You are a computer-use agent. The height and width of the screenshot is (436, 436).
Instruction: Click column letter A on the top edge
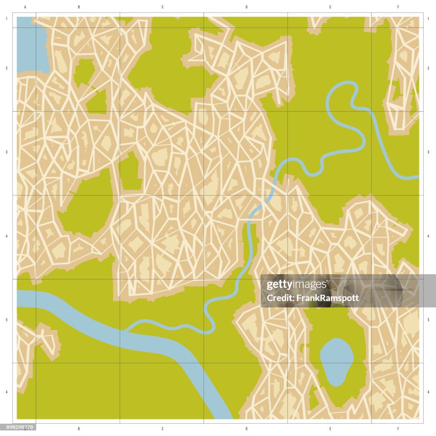tap(26, 7)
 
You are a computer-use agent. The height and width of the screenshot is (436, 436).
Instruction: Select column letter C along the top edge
tap(162, 7)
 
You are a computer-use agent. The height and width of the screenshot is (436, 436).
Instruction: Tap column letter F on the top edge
tap(398, 7)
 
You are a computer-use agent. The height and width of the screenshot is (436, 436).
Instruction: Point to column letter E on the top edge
tap(330, 7)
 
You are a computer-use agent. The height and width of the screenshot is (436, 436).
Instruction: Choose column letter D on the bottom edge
tap(247, 429)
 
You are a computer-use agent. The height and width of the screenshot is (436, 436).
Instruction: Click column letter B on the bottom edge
tap(79, 429)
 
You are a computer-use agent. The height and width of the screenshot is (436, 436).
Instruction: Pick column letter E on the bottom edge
tap(330, 429)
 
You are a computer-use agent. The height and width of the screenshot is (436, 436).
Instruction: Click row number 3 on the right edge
tap(428, 152)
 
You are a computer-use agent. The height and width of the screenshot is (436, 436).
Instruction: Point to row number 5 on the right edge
tap(428, 319)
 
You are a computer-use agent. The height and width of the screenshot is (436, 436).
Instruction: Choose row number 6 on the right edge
tap(428, 392)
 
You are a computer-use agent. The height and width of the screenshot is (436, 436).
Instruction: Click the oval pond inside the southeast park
tap(336, 361)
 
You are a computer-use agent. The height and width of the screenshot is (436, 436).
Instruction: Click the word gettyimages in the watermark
tap(296, 285)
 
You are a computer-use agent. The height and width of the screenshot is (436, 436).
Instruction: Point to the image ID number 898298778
tap(18, 427)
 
